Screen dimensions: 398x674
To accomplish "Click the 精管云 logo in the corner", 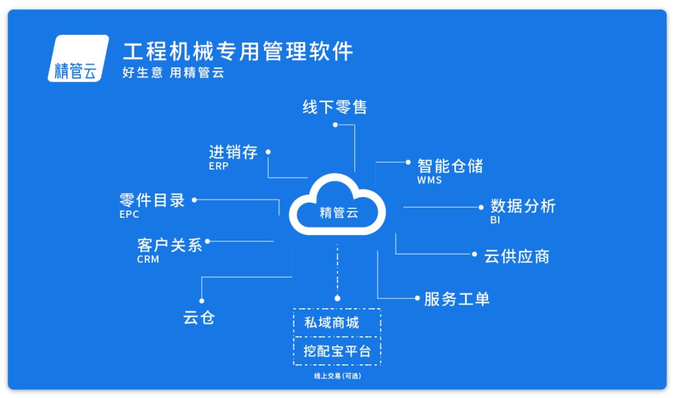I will point(76,59).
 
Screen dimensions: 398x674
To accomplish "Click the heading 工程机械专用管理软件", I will point(238,51).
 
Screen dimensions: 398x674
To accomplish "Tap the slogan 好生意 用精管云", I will point(173,73).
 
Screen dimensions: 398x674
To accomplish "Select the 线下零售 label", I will point(335,107).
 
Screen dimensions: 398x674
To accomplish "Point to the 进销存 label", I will point(233,152).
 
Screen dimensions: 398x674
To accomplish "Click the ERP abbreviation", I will point(218,167).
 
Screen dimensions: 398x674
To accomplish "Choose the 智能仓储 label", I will point(450,166).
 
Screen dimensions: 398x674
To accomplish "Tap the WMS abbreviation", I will point(429,180).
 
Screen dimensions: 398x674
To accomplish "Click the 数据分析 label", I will point(522,206).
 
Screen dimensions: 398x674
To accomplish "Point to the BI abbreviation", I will point(495,220).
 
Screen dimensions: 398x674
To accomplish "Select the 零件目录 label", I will point(152,200).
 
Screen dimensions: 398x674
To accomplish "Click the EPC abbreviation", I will point(129,215).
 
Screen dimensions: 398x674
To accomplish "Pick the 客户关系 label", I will point(170,245).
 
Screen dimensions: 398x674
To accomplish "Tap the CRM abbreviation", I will point(148,260).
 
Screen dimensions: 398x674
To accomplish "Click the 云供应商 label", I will point(516,256).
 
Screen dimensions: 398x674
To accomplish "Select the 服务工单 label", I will point(457,299).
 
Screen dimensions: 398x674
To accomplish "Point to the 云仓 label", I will point(199,318).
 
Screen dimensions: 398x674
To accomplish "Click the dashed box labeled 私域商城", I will point(336,323).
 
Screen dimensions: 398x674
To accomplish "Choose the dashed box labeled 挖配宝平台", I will point(336,350).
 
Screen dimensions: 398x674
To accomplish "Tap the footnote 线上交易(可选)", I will point(337,376).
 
